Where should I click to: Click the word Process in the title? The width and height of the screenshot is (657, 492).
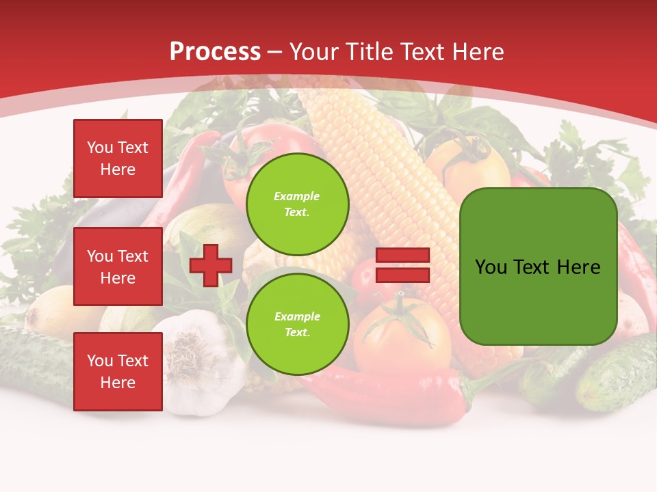[x=215, y=52]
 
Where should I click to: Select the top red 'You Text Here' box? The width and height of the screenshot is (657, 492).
[x=118, y=159]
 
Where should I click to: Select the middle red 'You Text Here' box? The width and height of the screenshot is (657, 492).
[x=118, y=266]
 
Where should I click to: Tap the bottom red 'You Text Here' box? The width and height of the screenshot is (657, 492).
[x=118, y=371]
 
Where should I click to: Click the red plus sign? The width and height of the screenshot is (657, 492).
[x=211, y=265]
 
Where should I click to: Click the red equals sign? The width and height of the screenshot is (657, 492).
[x=402, y=265]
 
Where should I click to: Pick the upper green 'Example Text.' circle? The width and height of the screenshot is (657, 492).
[x=297, y=204]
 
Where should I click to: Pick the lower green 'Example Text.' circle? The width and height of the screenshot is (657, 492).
[x=297, y=324]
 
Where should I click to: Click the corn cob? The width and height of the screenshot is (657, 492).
[x=383, y=171]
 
